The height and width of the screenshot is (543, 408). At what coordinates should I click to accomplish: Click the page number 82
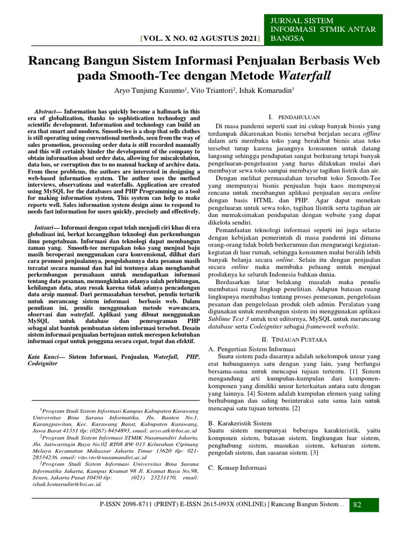pos(357,504)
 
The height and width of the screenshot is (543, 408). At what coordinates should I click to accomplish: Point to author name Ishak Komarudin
pos(265,91)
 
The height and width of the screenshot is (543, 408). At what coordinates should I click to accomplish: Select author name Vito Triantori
pos(210,91)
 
